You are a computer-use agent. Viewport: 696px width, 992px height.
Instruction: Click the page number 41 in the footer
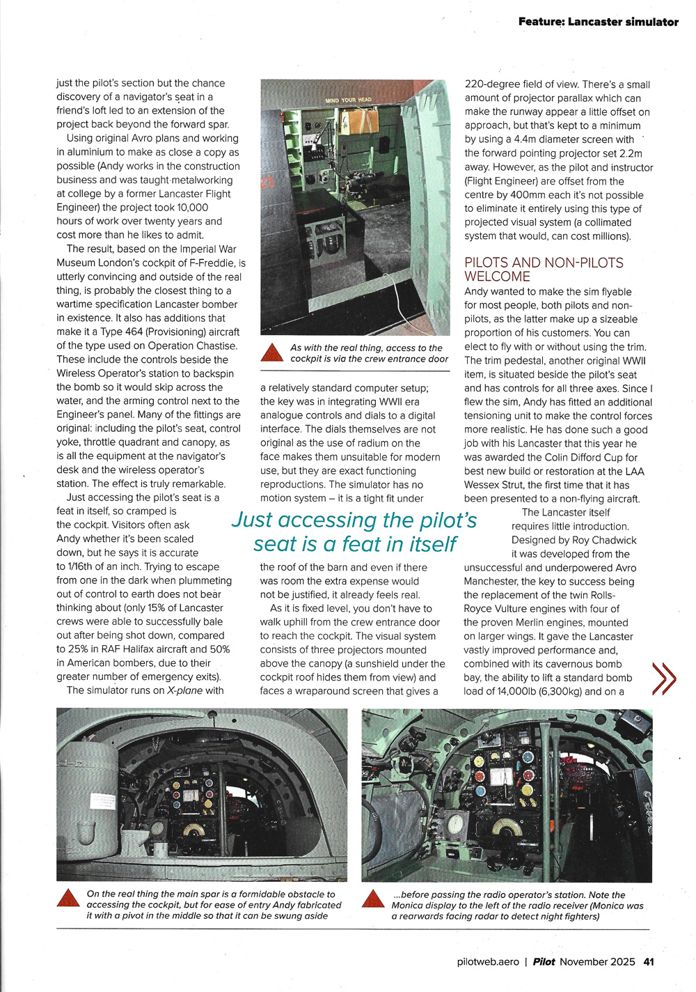[648, 961]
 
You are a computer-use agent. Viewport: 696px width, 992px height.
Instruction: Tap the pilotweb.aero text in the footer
[488, 961]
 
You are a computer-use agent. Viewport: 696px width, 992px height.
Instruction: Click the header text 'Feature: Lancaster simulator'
[598, 22]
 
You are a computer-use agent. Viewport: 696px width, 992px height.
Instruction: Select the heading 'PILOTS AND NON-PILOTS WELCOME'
[544, 270]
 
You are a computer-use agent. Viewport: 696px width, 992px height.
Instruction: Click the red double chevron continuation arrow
[663, 679]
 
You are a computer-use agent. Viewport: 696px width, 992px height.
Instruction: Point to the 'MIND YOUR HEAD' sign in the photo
[348, 100]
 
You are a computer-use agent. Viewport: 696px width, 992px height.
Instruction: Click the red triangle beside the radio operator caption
[373, 899]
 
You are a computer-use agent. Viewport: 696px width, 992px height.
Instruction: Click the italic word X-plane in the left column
[184, 690]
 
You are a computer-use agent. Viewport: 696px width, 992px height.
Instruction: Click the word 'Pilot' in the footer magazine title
[544, 961]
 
